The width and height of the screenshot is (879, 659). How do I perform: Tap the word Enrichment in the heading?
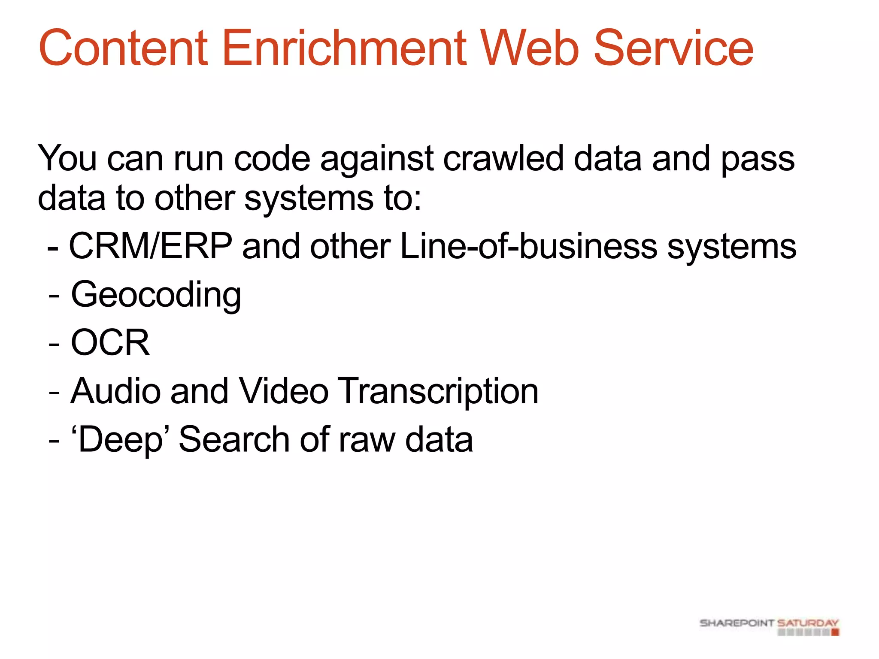(x=344, y=48)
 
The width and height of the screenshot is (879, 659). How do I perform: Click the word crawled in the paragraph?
(x=503, y=159)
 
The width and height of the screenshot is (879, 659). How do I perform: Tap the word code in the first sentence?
(x=272, y=159)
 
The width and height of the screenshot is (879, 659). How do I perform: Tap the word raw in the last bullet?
(x=367, y=440)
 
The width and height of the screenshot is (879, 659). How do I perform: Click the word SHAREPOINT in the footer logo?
(x=737, y=623)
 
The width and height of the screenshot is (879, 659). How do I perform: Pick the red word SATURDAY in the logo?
(x=808, y=623)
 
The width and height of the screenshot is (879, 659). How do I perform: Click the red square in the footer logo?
(x=835, y=632)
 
